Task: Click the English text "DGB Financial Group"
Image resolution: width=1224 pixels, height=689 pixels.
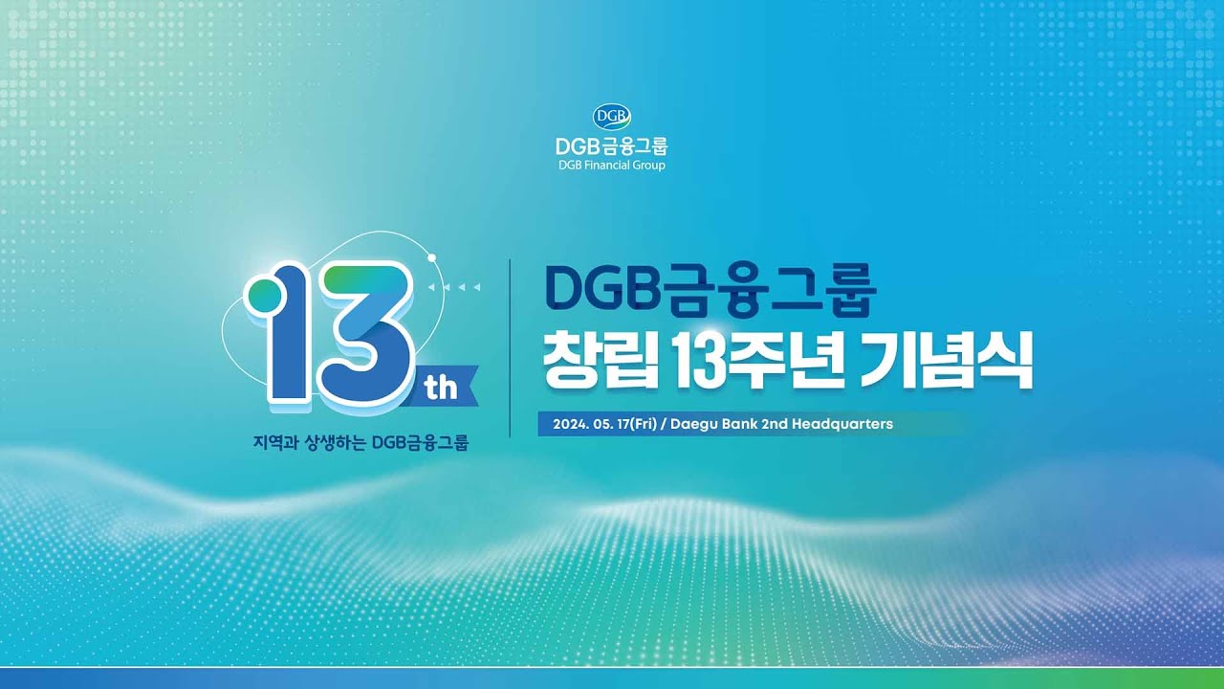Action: (x=612, y=165)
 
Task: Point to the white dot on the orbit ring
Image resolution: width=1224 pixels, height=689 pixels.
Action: (x=431, y=256)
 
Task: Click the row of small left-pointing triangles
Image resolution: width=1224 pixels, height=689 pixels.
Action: (x=454, y=286)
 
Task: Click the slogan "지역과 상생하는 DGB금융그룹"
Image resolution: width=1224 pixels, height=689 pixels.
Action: (x=361, y=444)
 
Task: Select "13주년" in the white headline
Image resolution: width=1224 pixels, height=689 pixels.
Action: (x=765, y=361)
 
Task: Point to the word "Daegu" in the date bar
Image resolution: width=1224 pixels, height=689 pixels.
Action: (x=694, y=423)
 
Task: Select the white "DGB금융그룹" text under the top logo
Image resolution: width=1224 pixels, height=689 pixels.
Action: (x=612, y=145)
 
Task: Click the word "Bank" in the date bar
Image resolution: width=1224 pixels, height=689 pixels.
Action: (x=739, y=423)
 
